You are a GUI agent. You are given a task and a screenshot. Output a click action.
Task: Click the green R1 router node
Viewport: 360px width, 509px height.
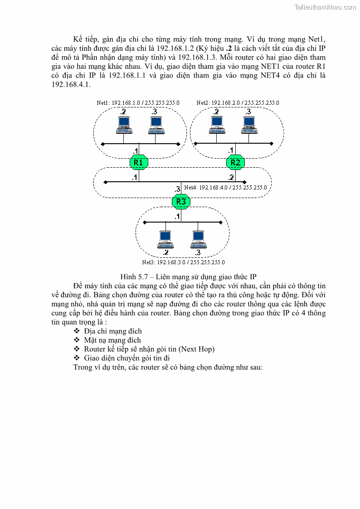point(139,162)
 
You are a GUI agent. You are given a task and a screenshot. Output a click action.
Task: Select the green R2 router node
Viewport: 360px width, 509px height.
point(235,162)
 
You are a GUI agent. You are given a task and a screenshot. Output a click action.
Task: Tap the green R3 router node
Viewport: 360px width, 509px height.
point(181,201)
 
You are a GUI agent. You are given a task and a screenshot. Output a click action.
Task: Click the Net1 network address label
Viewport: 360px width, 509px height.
point(138,103)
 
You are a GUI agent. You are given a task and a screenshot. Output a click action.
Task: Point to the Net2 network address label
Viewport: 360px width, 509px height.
point(238,103)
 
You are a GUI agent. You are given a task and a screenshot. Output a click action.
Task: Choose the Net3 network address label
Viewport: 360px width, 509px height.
point(183,262)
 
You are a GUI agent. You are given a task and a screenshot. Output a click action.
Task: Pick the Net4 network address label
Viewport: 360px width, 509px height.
point(225,187)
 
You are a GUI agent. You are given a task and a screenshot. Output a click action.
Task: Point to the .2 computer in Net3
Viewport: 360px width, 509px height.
point(165,239)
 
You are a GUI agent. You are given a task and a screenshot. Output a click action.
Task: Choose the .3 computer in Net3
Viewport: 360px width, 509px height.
point(197,239)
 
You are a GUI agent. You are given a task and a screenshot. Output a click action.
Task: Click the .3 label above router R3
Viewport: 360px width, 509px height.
point(177,189)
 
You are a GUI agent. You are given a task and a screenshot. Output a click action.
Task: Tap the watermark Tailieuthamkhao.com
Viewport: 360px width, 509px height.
point(325,7)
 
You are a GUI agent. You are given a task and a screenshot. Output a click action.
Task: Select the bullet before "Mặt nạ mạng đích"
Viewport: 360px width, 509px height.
point(77,340)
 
